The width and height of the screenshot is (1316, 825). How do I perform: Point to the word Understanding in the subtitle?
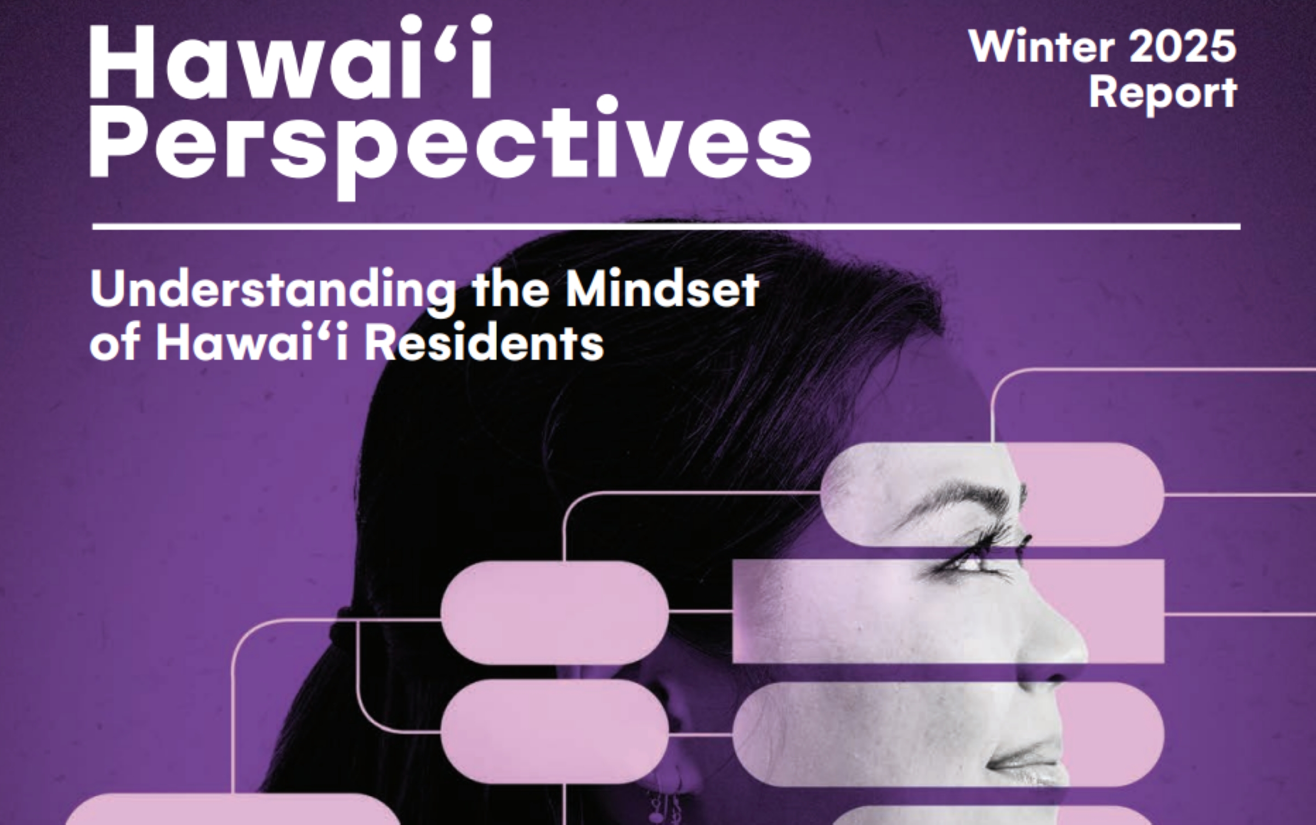(273, 291)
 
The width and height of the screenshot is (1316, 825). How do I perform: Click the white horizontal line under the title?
(666, 226)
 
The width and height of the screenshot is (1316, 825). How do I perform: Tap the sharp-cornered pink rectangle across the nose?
(949, 611)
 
